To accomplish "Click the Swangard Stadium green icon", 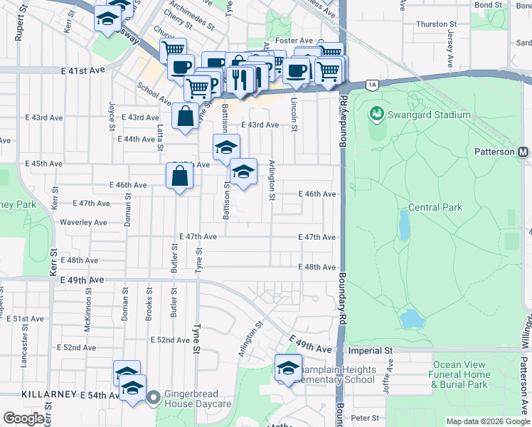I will tap(376, 114).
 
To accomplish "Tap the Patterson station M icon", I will tap(523, 152).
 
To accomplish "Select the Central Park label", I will tap(435, 208).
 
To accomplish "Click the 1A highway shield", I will tap(373, 85).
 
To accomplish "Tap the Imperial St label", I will tap(369, 351).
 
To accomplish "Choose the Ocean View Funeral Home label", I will tap(460, 374).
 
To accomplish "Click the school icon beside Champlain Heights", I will tap(288, 369).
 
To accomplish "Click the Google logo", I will tap(24, 418).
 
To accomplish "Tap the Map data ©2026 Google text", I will tap(487, 421).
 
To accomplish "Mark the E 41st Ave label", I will tap(83, 71).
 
